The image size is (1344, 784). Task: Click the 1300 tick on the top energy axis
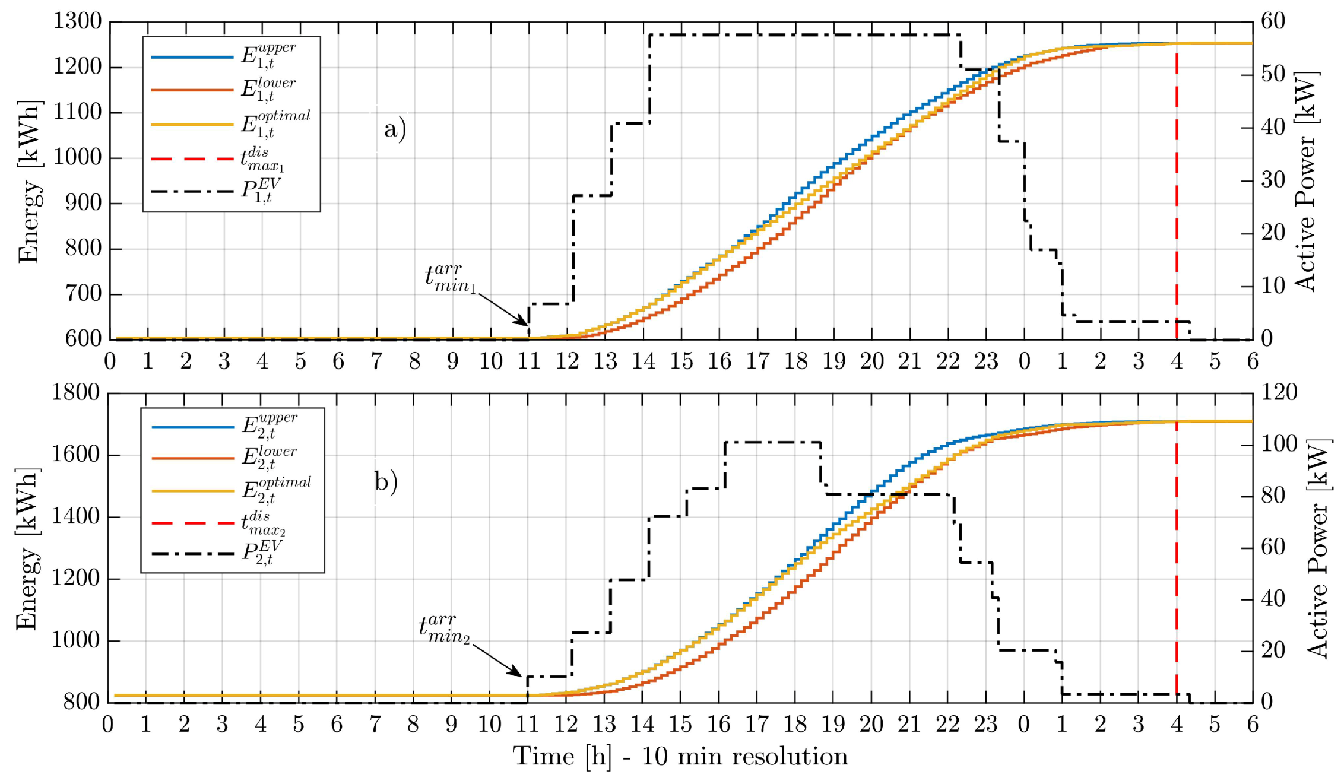(78, 22)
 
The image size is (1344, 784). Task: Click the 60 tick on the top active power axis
(1273, 22)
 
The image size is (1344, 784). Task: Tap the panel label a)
(395, 129)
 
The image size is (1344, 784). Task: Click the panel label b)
(386, 481)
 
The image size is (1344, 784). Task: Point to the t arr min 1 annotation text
(450, 278)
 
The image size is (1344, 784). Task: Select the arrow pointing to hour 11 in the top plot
(503, 309)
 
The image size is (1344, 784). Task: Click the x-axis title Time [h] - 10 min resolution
(680, 757)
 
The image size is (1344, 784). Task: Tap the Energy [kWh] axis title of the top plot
(28, 181)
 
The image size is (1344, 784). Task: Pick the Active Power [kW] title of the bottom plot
(1318, 548)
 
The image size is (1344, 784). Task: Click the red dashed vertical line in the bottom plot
(1177, 564)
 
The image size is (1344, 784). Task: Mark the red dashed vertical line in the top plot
(1177, 196)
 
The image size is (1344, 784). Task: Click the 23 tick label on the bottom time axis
(985, 725)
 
